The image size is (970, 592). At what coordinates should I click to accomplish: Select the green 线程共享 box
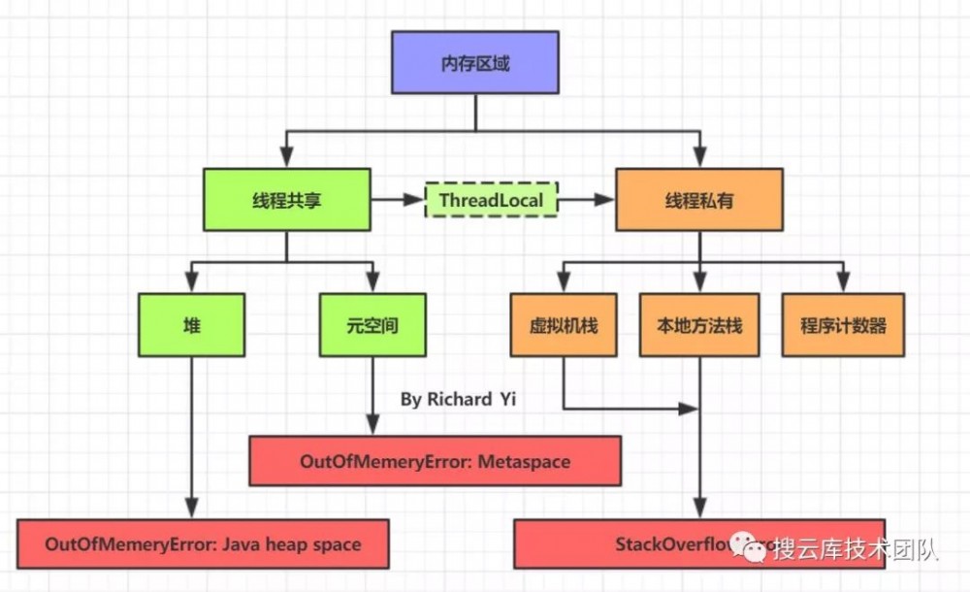point(286,200)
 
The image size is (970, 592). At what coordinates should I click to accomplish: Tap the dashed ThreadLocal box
point(492,200)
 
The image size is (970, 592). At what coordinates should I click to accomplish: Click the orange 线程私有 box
point(699,200)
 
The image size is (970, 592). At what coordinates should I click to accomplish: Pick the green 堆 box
point(191,325)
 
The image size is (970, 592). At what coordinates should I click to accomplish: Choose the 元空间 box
point(372,325)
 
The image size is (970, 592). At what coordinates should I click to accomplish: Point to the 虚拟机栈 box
point(564,325)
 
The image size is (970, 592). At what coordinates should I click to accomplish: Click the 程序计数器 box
point(843,325)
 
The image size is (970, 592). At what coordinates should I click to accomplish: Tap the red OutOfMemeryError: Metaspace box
point(435,461)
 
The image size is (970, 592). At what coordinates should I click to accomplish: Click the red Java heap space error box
point(203,543)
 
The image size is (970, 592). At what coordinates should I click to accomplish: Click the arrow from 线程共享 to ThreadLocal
point(398,200)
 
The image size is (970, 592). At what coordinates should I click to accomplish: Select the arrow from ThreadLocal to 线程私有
point(587,200)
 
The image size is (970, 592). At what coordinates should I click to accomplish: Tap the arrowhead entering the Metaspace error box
point(372,426)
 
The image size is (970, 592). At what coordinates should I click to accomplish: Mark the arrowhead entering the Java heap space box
point(191,509)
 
